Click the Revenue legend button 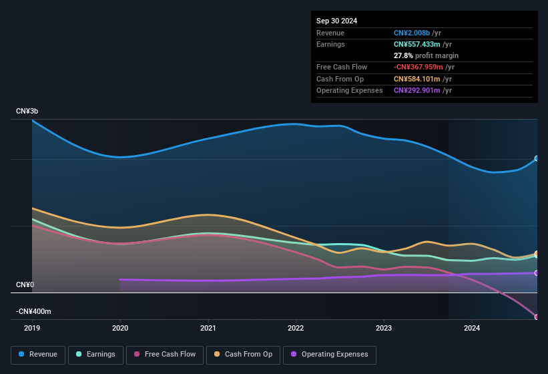pos(39,354)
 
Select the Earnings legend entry pos(95,354)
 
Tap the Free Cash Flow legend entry pos(165,354)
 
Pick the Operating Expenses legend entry pos(329,354)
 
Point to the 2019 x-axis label pos(32,328)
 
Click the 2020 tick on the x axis pos(120,328)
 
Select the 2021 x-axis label pos(208,328)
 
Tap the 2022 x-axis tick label pos(296,328)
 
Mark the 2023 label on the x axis pos(384,328)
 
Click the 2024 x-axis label pos(472,328)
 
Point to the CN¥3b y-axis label pos(27,111)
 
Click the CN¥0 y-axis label pos(25,285)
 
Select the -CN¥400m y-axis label pos(33,311)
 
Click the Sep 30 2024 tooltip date pos(336,21)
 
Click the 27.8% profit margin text pos(426,55)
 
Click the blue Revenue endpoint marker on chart pos(537,159)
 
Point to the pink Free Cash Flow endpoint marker pos(537,317)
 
